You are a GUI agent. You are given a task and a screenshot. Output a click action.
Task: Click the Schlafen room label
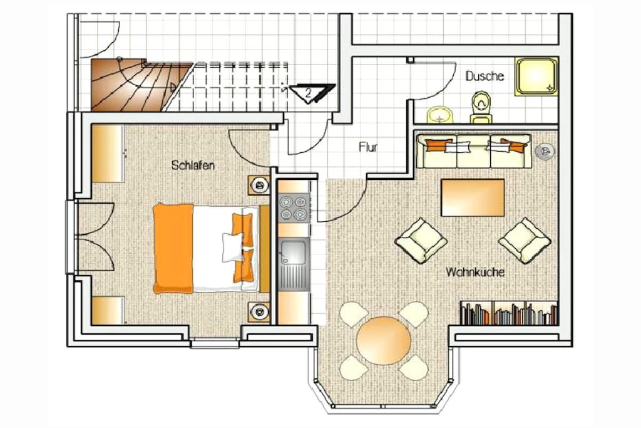(x=193, y=165)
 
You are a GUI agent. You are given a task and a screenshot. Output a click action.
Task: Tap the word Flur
(x=368, y=147)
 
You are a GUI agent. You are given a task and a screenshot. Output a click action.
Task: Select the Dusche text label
(x=485, y=76)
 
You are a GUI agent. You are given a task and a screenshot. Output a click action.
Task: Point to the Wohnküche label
(x=475, y=272)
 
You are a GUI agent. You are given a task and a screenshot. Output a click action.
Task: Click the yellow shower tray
(x=536, y=76)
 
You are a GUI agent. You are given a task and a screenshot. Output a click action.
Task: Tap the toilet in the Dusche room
(x=481, y=107)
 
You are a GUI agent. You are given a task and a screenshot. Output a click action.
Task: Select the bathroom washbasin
(x=439, y=115)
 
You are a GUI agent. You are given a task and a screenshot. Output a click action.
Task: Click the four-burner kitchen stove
(x=294, y=207)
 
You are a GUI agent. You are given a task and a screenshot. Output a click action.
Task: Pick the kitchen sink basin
(x=293, y=253)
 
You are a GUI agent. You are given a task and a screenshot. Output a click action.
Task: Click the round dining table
(x=384, y=340)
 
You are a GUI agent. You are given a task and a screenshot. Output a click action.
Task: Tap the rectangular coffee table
(x=473, y=197)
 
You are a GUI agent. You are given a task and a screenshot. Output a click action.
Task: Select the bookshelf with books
(x=509, y=313)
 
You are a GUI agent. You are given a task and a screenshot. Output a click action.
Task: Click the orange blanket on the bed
(x=173, y=248)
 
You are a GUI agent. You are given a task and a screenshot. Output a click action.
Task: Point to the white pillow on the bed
(x=233, y=247)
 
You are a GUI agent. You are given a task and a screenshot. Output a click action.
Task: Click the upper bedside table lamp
(x=259, y=185)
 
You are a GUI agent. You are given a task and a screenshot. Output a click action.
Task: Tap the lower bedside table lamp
(x=259, y=312)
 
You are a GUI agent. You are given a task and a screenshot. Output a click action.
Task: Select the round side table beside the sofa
(x=545, y=152)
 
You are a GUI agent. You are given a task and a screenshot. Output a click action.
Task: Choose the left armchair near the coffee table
(x=421, y=240)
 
